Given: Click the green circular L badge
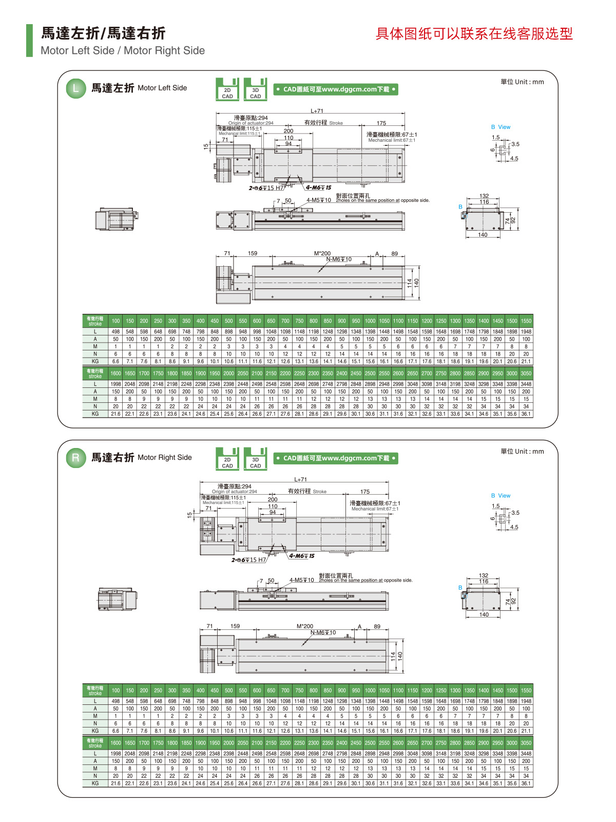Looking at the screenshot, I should tap(75, 88).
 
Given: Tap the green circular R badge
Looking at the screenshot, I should tap(75, 458).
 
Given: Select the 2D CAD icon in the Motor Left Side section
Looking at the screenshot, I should tap(227, 89).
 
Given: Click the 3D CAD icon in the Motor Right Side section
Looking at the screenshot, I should tap(255, 459).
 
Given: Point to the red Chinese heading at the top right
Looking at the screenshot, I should tap(474, 34).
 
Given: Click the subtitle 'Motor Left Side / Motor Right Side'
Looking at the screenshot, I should tap(123, 50).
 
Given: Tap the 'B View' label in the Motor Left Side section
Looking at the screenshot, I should tap(500, 127).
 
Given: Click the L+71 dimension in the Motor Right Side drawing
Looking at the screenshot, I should tap(301, 479).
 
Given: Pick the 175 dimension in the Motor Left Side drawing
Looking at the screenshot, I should tap(381, 123).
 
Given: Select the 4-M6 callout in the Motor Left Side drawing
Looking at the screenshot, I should tap(319, 188).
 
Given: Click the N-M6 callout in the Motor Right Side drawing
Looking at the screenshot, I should tap(323, 632).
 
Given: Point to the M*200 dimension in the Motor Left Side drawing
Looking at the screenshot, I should tap(322, 253).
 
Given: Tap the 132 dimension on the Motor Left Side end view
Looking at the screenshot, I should tap(484, 196).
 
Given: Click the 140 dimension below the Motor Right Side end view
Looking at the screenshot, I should tap(484, 614).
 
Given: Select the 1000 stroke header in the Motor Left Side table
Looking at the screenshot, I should tap(370, 321).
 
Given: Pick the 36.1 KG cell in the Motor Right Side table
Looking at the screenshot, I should tap(526, 783).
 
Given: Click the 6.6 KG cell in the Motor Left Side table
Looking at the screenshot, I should tap(115, 361).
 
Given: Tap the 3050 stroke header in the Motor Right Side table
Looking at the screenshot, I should tap(526, 743).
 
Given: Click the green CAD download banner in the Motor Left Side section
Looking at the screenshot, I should tap(336, 89).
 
